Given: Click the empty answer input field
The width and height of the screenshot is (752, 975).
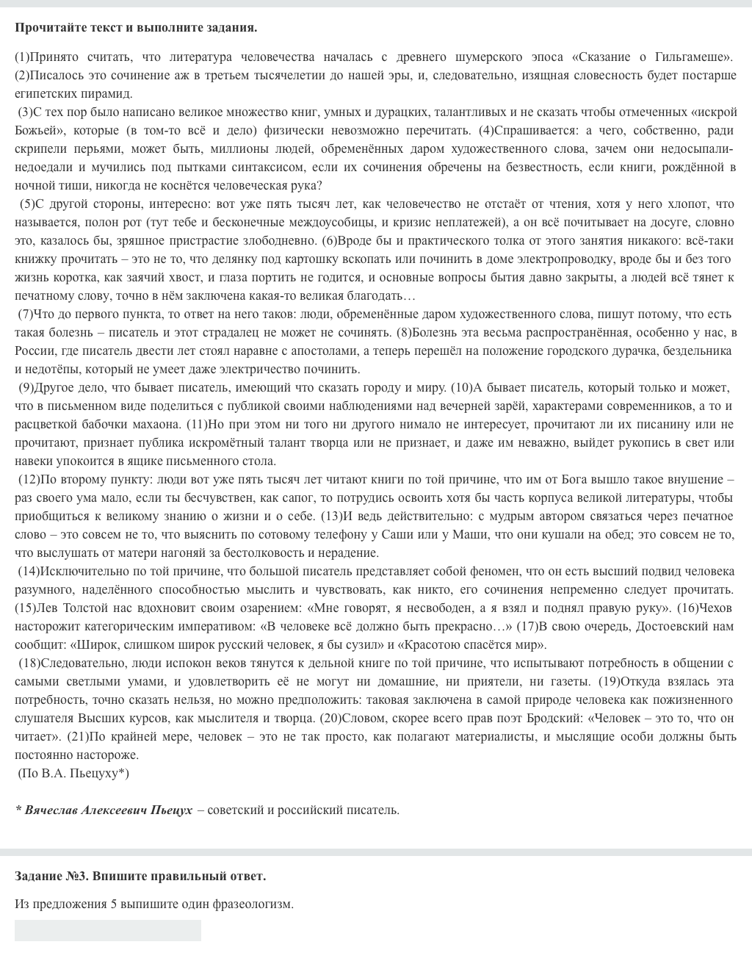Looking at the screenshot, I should (x=108, y=930).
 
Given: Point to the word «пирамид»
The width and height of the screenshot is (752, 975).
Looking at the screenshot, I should (x=111, y=93).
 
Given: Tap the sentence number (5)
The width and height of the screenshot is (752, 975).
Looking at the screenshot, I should (x=27, y=204).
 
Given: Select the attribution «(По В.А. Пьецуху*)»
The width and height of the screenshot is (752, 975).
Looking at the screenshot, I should (x=73, y=773).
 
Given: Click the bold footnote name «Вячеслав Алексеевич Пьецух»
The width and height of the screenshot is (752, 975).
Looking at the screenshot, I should (x=109, y=810).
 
